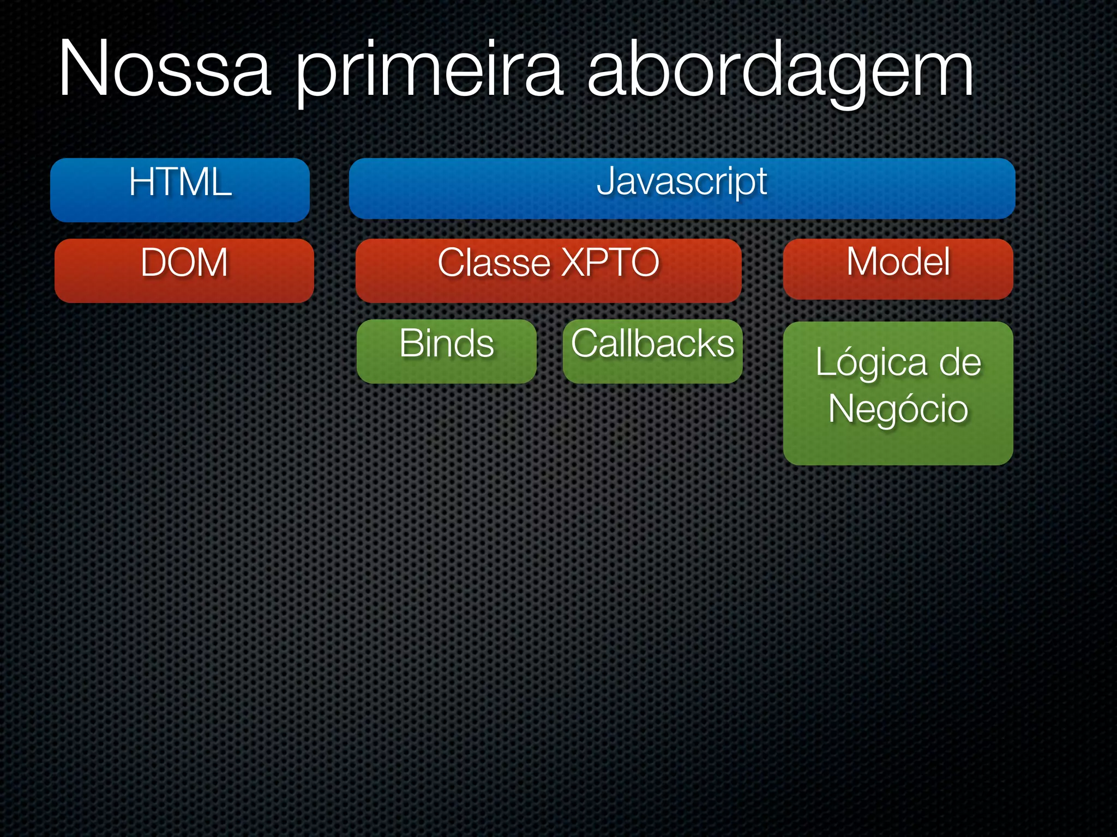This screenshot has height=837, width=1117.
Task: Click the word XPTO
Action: click(x=611, y=263)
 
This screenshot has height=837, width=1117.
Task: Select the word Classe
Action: click(x=494, y=263)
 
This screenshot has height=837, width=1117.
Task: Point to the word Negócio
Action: click(x=898, y=409)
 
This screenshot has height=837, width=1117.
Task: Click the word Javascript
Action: click(x=682, y=181)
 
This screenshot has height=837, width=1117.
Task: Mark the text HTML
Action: click(x=180, y=182)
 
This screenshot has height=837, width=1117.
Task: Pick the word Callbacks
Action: click(x=652, y=343)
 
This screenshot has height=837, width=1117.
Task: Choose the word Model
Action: click(x=898, y=262)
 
